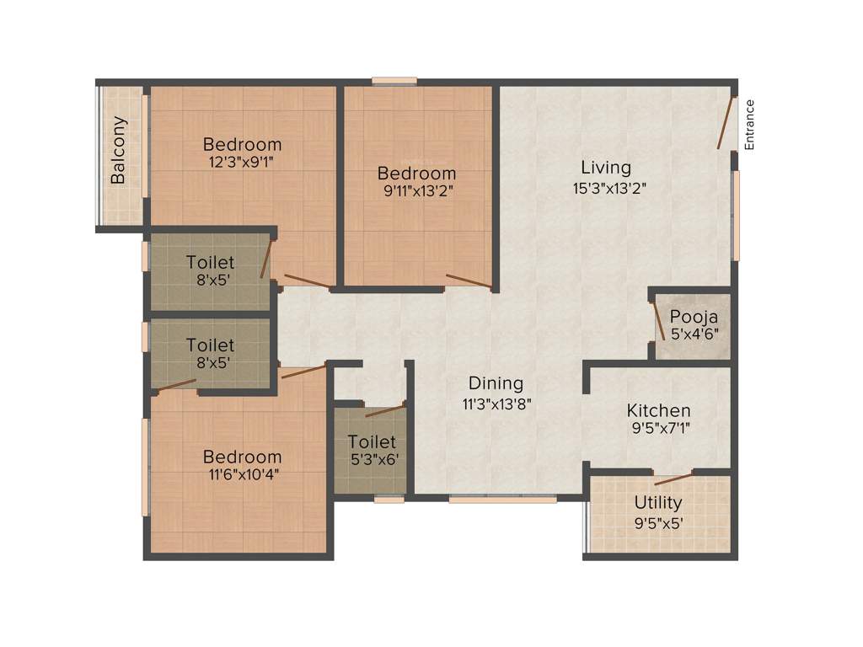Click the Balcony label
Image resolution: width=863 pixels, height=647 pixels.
[119, 150]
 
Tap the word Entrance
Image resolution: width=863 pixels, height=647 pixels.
[749, 125]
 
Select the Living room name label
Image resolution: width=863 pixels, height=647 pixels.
[605, 167]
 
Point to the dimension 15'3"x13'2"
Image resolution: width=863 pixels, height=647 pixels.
[609, 188]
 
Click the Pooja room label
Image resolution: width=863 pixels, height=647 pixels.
[694, 317]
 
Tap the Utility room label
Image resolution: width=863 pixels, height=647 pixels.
[658, 503]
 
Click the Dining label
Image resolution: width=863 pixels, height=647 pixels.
[496, 383]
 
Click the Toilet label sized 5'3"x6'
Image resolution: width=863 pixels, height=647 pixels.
[372, 441]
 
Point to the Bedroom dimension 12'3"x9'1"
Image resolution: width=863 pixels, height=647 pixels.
[242, 163]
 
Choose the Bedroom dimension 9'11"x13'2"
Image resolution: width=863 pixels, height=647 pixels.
[416, 191]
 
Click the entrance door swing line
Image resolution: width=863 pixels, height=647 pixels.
[726, 124]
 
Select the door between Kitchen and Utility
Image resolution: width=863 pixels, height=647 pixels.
[673, 479]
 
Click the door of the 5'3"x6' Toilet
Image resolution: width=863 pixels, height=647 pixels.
[385, 411]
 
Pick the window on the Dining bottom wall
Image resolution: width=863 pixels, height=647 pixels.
[502, 499]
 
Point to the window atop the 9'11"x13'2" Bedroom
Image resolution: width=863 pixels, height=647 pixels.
[394, 81]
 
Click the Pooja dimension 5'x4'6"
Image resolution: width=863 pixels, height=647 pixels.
[694, 334]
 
